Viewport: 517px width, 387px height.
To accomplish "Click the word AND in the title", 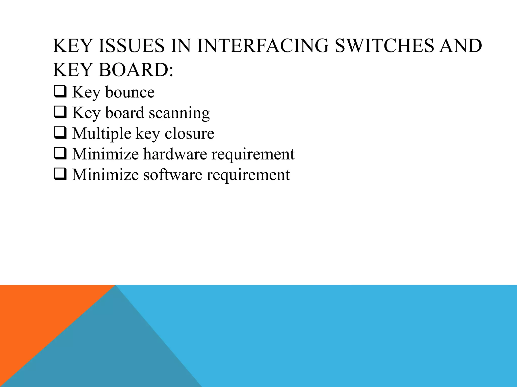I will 460,46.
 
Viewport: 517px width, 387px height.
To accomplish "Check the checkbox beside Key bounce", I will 60,92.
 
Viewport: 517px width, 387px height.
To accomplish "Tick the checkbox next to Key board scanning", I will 60,112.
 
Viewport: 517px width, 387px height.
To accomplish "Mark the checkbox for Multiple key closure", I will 60,133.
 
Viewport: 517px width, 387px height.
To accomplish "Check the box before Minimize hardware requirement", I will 60,154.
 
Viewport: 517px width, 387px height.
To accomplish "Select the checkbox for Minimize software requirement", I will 60,174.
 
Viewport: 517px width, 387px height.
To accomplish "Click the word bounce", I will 130,92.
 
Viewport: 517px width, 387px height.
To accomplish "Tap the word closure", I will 189,134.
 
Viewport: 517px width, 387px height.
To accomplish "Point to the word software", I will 173,175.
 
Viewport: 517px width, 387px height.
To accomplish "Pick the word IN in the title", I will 180,46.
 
